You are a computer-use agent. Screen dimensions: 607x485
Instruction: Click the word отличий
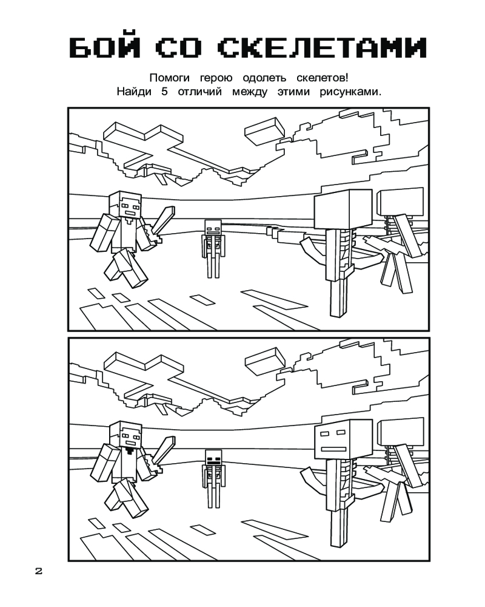[201, 92]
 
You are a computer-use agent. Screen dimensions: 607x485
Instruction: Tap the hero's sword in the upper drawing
[163, 223]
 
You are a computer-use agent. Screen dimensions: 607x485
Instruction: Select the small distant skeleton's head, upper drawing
[212, 229]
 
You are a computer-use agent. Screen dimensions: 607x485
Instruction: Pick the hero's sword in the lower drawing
[163, 454]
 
